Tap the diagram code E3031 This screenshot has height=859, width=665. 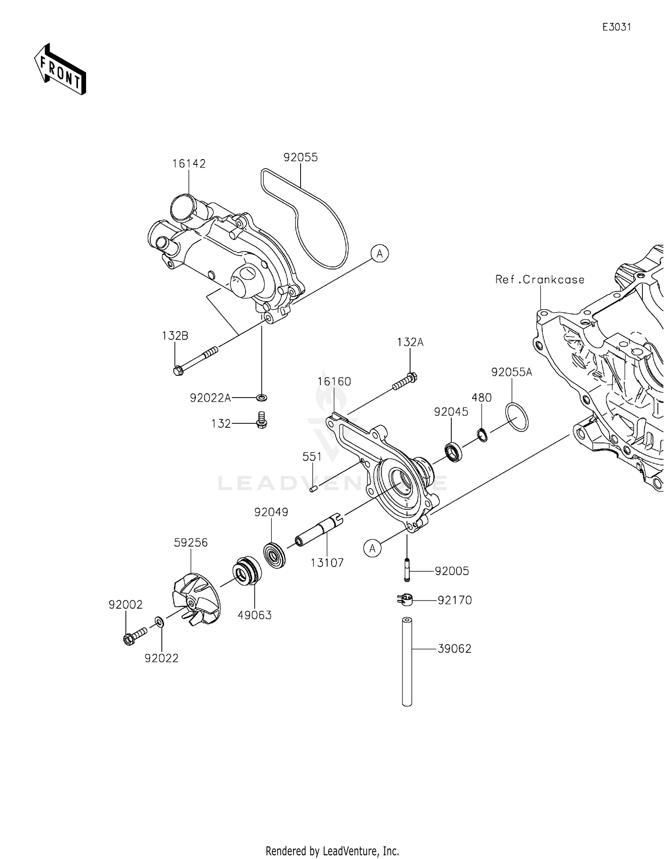(616, 27)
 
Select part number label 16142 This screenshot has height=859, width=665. (189, 164)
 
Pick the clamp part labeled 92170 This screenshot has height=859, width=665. (405, 600)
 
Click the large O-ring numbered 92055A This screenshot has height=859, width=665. (516, 417)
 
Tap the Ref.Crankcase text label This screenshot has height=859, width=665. (540, 280)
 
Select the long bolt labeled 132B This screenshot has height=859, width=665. (195, 361)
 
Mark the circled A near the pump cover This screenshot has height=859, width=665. (380, 254)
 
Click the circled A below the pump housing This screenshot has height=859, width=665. (372, 549)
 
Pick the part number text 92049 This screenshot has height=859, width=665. (271, 512)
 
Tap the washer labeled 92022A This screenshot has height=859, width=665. (262, 397)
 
